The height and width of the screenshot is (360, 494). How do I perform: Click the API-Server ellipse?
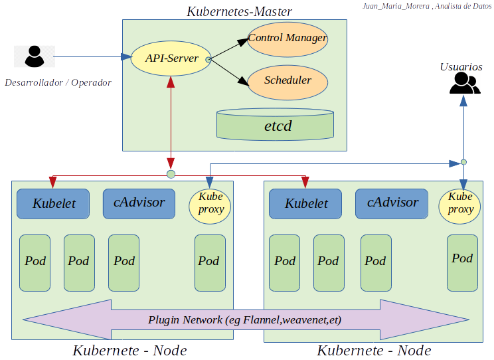[171, 58]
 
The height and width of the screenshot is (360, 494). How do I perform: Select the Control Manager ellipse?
[288, 39]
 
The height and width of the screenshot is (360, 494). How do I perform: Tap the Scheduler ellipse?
[288, 80]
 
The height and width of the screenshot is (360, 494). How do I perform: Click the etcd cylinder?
[275, 125]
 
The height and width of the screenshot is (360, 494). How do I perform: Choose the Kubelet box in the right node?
[306, 203]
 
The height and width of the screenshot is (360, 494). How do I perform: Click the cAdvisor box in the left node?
[138, 203]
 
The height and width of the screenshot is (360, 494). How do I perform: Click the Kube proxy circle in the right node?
[460, 204]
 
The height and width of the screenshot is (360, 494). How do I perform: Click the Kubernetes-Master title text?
[239, 11]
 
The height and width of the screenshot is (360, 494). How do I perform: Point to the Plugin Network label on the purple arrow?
[244, 320]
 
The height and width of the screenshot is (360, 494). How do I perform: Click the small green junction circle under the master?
[171, 174]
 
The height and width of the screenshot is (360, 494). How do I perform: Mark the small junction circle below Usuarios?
[464, 162]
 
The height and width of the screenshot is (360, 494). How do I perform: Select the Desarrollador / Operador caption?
[58, 83]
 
